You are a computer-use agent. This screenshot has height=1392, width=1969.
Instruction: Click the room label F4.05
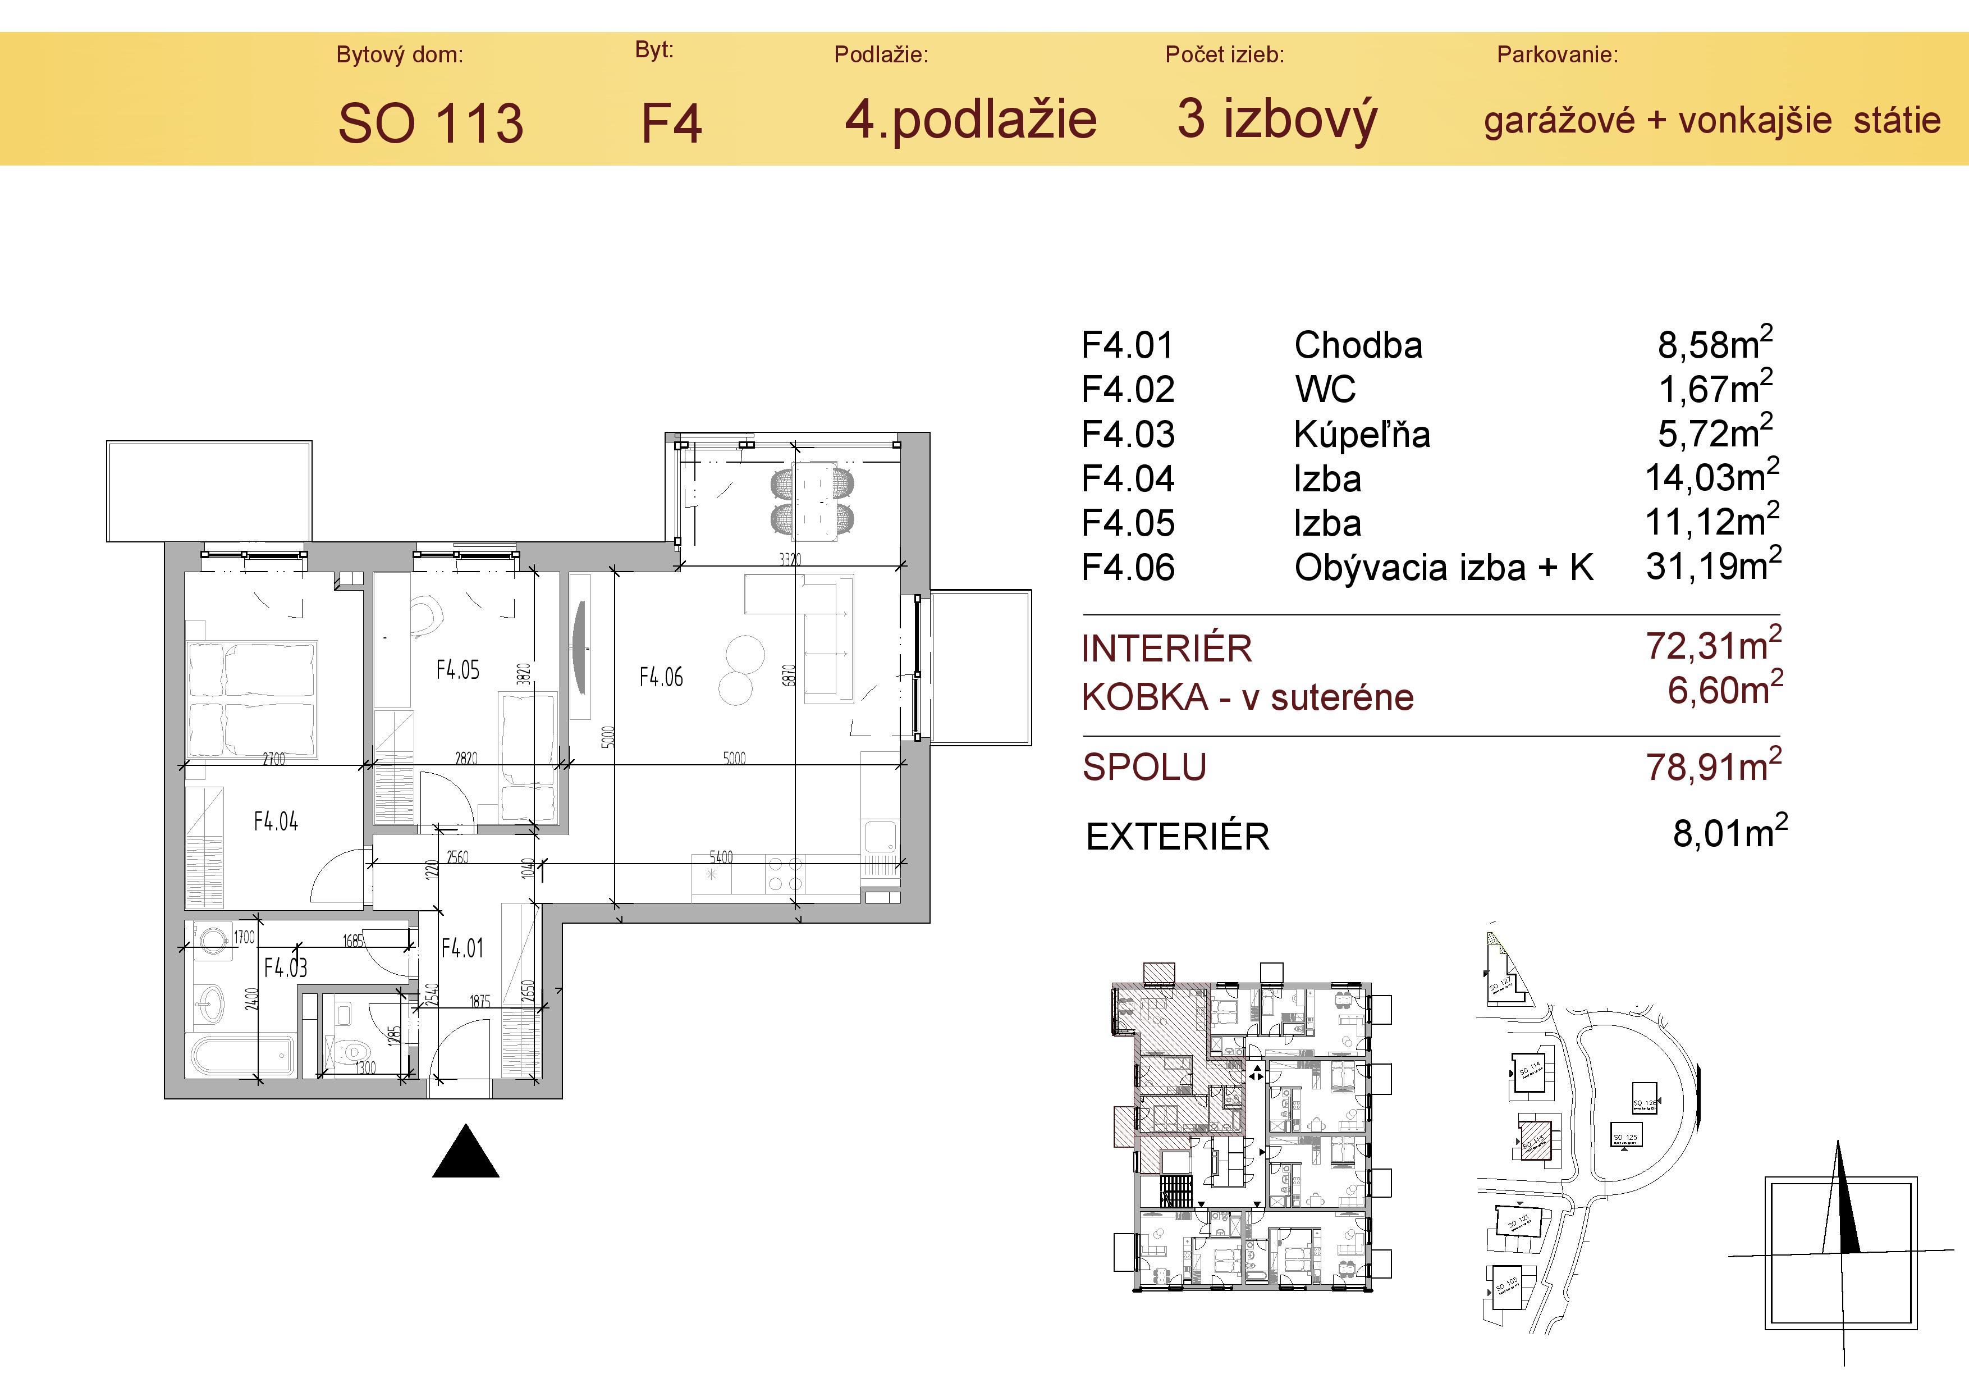(x=457, y=670)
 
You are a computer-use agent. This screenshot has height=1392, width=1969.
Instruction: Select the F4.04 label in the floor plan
(x=275, y=821)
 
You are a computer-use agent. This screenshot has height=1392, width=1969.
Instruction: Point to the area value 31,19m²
(x=1712, y=566)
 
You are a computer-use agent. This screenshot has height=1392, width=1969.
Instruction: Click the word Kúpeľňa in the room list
(x=1361, y=435)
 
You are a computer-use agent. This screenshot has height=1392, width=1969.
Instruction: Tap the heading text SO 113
(x=431, y=122)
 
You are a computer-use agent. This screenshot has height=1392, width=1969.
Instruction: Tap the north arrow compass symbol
(x=1840, y=1252)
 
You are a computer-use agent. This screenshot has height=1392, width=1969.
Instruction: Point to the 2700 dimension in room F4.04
(x=273, y=758)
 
